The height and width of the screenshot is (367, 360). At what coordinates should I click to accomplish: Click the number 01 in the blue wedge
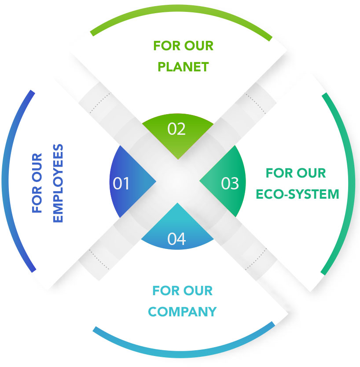pyautogui.click(x=121, y=183)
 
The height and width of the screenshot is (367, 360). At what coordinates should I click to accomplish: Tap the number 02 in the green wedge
pyautogui.click(x=176, y=129)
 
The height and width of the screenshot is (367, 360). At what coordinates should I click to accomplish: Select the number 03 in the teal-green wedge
pyautogui.click(x=230, y=183)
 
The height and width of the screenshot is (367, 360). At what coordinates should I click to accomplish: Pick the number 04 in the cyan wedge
pyautogui.click(x=176, y=238)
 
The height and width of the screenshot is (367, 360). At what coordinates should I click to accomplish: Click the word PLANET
pyautogui.click(x=183, y=67)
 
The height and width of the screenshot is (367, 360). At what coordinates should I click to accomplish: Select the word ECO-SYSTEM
pyautogui.click(x=297, y=194)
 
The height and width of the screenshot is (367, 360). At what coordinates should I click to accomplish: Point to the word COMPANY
pyautogui.click(x=182, y=312)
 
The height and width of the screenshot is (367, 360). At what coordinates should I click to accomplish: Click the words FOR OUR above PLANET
pyautogui.click(x=183, y=46)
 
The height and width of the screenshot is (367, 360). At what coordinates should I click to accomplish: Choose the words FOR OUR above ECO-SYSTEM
pyautogui.click(x=296, y=173)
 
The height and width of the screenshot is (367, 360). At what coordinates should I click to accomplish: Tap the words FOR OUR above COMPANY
pyautogui.click(x=182, y=291)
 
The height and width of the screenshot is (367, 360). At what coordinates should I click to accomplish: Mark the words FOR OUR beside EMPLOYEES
pyautogui.click(x=37, y=183)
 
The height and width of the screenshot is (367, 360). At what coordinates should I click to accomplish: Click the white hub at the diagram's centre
pyautogui.click(x=176, y=182)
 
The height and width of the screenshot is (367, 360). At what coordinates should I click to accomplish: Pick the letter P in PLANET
pyautogui.click(x=162, y=67)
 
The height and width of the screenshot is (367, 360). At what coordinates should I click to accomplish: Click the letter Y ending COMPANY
pyautogui.click(x=212, y=312)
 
